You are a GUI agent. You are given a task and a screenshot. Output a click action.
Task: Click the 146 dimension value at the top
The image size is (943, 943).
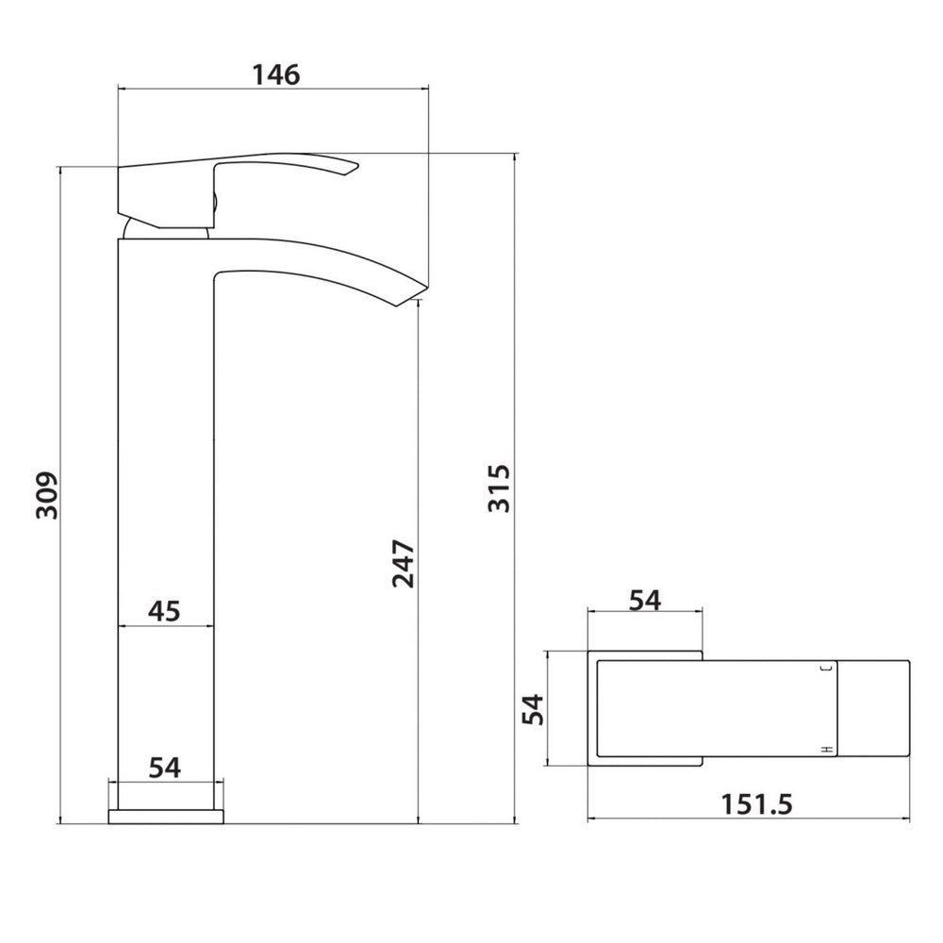pyautogui.click(x=274, y=74)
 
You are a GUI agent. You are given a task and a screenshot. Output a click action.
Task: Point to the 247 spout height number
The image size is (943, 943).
pyautogui.click(x=403, y=563)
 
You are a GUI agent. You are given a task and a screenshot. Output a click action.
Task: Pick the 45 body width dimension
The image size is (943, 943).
pyautogui.click(x=164, y=611)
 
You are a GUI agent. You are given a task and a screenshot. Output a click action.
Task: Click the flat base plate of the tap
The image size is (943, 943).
pyautogui.click(x=166, y=816)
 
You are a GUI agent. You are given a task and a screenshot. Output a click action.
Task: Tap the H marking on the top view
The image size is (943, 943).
pyautogui.click(x=827, y=748)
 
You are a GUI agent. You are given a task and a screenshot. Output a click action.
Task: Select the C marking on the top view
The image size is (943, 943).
pyautogui.click(x=827, y=668)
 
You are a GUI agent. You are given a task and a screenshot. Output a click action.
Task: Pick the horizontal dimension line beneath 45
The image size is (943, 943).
pyautogui.click(x=165, y=626)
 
